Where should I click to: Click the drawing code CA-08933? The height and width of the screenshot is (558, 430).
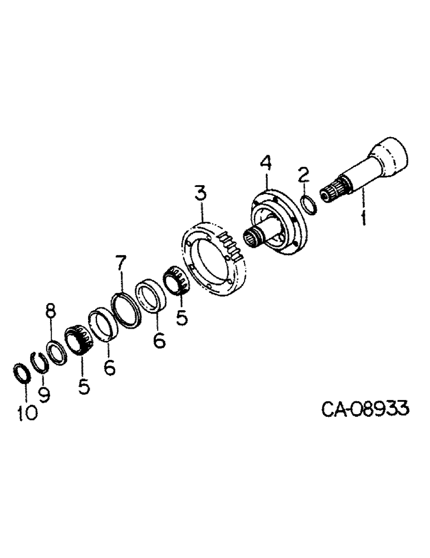pos(365,410)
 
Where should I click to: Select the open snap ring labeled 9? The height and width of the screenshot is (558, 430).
pos(39,363)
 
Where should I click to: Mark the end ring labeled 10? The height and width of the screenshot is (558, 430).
pos(19,372)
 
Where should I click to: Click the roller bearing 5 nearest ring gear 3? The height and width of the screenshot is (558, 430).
pos(177,280)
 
